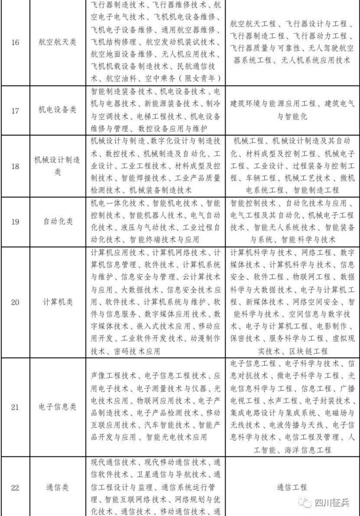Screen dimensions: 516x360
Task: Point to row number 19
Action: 15,221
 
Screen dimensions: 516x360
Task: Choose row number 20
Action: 15,302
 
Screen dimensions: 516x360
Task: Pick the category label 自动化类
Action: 58,221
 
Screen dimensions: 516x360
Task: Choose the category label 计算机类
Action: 58,302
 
